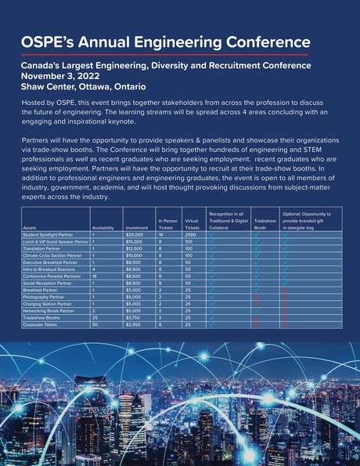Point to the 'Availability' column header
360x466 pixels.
pos(103,228)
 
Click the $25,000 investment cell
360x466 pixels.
pos(135,235)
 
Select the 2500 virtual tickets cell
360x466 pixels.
pos(192,235)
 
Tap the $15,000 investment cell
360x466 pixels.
pos(135,242)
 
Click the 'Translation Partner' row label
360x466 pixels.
pos(44,249)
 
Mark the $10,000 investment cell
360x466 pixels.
pos(135,256)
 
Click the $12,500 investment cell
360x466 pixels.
pos(135,249)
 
